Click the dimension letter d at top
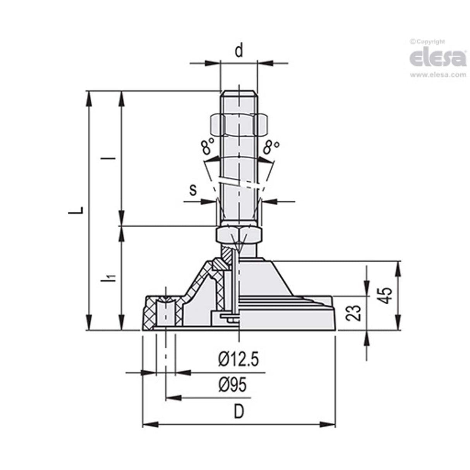(239, 51)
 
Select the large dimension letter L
(79, 210)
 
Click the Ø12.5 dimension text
(238, 360)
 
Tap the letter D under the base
(239, 412)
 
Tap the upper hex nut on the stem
(238, 125)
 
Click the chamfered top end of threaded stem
(238, 93)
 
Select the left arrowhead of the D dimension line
(146, 425)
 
